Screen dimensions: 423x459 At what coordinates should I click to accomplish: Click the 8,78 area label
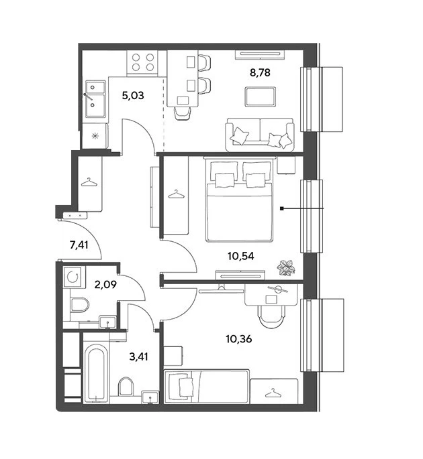pos(260,72)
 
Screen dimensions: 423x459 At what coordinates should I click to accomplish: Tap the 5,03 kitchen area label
pos(133,95)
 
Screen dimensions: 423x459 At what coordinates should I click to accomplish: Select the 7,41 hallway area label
pos(79,245)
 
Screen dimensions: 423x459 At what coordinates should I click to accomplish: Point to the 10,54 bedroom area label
pos(241,256)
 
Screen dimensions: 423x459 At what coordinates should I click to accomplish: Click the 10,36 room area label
pos(239,339)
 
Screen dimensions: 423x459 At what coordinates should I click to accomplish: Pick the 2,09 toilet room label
pos(105,284)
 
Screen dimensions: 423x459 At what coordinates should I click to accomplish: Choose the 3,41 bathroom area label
pos(139,356)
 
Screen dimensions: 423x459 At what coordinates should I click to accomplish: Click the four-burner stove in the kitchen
pos(142,62)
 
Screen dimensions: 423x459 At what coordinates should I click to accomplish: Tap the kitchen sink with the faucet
pos(95,99)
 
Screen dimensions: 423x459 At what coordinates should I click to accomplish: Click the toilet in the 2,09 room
pos(79,305)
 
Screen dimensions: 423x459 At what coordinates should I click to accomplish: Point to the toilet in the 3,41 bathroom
pos(126,386)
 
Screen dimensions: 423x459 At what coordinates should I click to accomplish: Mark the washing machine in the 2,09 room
pos(73,277)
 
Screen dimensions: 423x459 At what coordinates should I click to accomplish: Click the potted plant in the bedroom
pos(286,267)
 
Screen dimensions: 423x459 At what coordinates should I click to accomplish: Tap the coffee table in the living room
pos(261,96)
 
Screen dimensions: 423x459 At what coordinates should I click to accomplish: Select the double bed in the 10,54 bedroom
pos(240,201)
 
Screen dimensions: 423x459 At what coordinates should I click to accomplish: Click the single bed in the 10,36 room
pos(207,387)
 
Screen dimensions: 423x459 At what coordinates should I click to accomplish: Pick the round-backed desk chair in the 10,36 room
pos(271,317)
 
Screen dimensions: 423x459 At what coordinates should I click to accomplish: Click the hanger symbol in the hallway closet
pos(89,183)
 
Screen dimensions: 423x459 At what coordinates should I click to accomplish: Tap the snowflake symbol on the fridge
pos(95,136)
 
